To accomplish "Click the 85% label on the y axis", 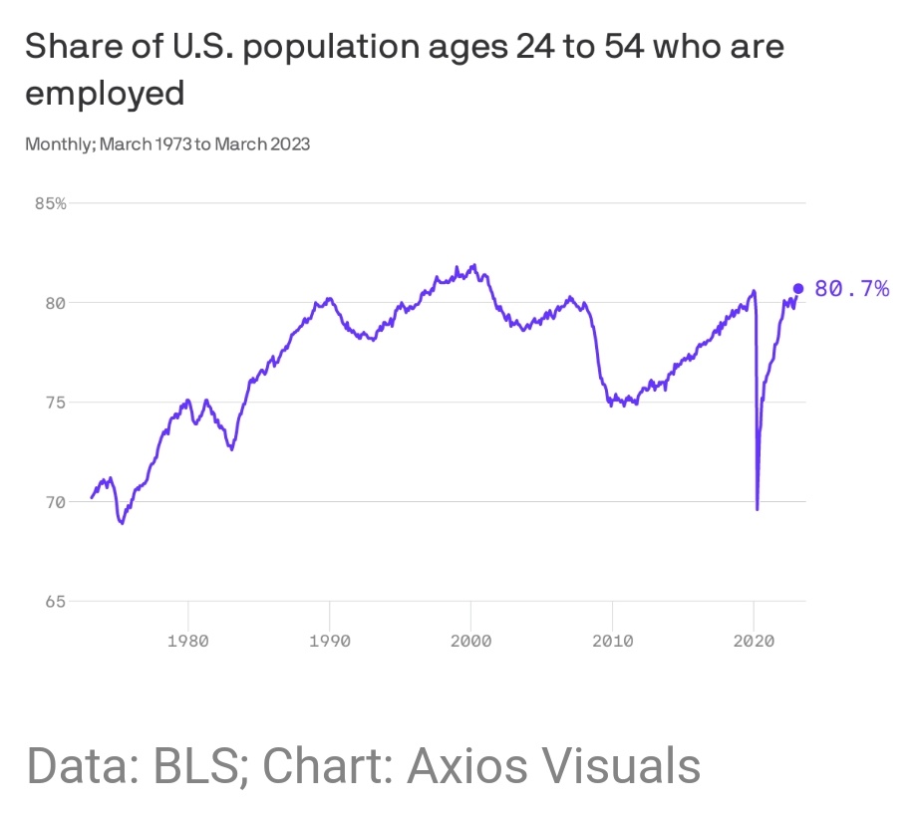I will tap(50, 203).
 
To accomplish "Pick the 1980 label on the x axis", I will tap(187, 641).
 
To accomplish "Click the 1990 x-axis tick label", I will tap(329, 641).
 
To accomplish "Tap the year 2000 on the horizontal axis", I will tap(470, 641).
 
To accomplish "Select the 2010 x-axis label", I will tap(612, 641).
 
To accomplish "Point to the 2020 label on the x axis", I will tap(754, 641).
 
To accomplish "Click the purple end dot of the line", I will tap(797, 289).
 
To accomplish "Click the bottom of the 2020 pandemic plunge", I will tap(758, 509).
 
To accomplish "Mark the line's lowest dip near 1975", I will tap(122, 522).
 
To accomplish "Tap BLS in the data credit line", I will tap(192, 765).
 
